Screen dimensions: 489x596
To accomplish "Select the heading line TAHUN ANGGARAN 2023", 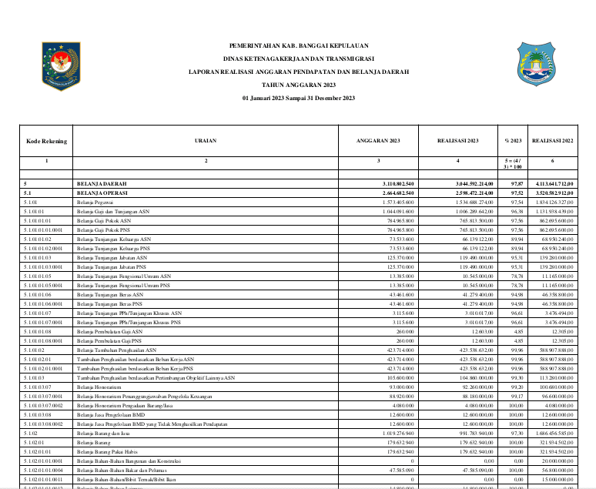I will pos(299,85).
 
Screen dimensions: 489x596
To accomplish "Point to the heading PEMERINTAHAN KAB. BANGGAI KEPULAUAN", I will pos(299,45).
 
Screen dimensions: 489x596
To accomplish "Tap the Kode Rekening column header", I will pos(46,142).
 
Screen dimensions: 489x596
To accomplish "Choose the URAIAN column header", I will pos(206,142).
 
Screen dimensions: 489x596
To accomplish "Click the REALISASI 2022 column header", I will pos(553,142).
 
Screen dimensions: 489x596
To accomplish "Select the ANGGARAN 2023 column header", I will pos(378,142).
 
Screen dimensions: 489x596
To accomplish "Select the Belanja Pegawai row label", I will pos(95,202).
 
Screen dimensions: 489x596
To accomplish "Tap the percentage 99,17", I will pos(507,396).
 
